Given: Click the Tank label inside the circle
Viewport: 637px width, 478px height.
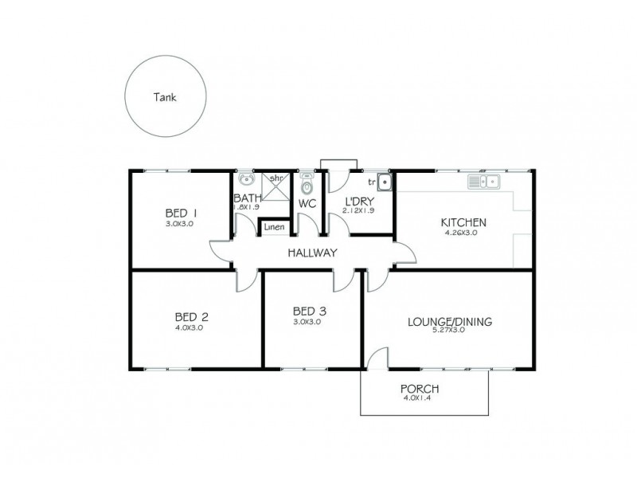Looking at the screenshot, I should click(166, 98).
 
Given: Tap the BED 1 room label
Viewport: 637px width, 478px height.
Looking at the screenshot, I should click(181, 213).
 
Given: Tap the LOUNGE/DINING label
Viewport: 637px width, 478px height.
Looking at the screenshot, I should click(450, 322).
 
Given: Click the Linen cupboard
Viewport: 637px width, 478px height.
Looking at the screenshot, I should click(274, 227).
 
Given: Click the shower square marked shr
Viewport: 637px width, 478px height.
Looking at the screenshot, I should click(274, 188).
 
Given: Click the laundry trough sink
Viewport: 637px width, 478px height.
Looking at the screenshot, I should click(385, 182).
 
